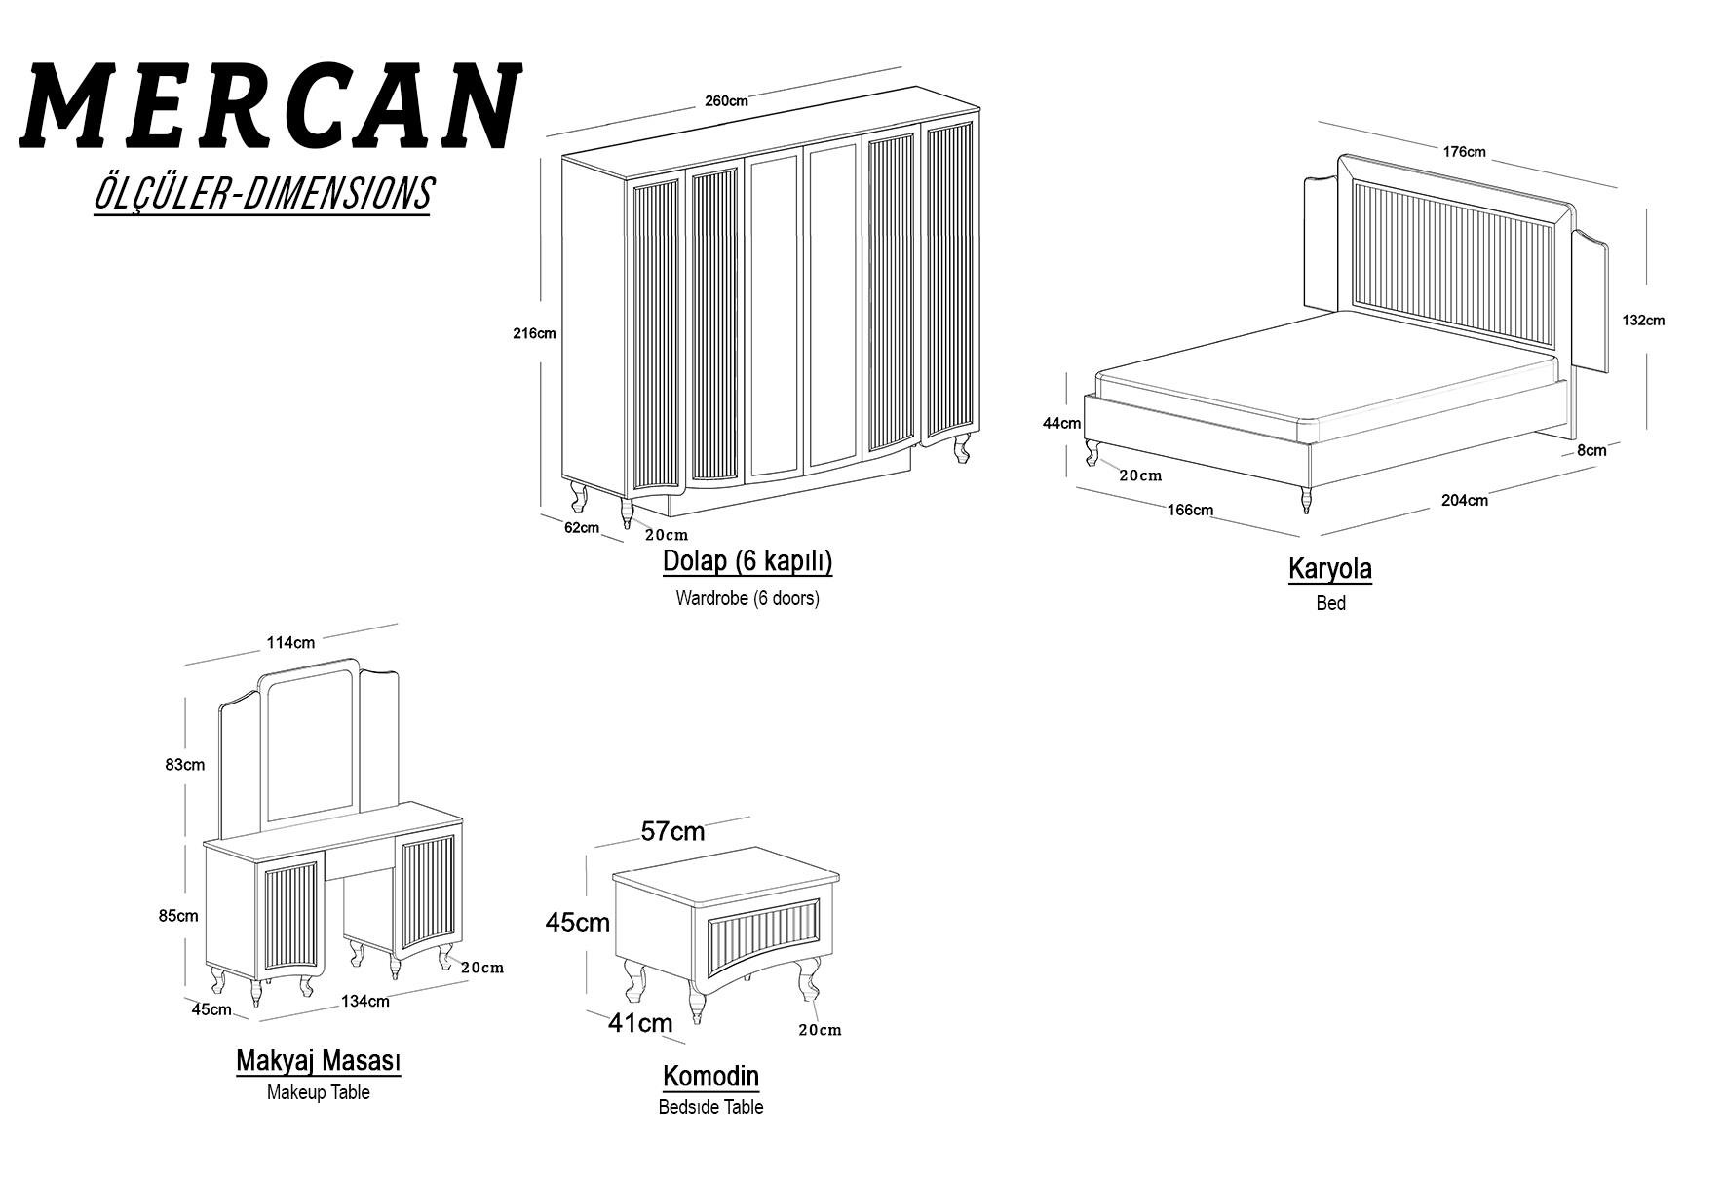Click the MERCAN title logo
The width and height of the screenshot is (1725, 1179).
pos(272,107)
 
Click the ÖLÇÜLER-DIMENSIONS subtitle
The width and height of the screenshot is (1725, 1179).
pos(262,194)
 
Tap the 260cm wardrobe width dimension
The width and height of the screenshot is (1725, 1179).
pos(726,100)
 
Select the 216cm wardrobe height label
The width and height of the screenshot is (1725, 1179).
pos(534,333)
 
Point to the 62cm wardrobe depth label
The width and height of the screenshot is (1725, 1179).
pos(582,527)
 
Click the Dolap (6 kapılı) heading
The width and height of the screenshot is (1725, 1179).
pos(747,561)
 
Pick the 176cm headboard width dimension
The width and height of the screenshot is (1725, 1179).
pos(1464,151)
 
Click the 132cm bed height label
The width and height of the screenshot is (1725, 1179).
pos(1643,320)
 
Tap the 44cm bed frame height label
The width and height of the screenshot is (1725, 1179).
pos(1061,423)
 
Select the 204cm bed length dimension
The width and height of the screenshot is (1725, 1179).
pos(1465,500)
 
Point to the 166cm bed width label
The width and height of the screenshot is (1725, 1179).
pos(1190,510)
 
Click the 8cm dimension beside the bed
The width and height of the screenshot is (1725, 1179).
pos(1591,450)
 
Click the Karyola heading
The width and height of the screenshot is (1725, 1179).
pos(1330,568)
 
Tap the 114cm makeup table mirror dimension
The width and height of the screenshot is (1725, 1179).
pos(290,642)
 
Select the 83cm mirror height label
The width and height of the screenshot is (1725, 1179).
pos(185,764)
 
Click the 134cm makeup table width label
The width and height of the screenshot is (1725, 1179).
pos(365,1001)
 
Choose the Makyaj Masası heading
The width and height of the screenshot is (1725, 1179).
pos(319,1061)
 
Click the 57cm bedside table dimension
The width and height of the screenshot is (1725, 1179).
pos(672,831)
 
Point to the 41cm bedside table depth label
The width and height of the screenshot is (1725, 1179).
pos(640,1022)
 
